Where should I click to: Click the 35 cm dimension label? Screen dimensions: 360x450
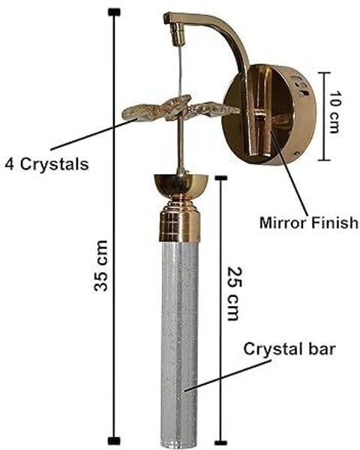click(101, 265)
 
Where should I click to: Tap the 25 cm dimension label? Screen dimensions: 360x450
click(234, 293)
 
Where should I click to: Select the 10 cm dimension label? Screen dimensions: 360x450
click(334, 112)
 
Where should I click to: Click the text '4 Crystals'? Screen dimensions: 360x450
click(46, 164)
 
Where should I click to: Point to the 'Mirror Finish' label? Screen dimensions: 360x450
click(309, 223)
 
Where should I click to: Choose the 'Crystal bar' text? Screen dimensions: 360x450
click(289, 350)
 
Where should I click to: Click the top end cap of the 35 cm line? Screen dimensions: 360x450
click(114, 12)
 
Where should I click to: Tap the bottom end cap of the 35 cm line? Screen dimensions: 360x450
click(114, 441)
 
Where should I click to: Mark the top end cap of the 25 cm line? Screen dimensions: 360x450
click(221, 178)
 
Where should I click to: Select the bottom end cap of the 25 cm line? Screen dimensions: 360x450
click(221, 442)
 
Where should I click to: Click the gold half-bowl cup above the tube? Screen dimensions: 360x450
click(181, 184)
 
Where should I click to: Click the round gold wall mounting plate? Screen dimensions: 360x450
click(270, 115)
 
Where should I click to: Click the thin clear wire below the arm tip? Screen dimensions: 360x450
click(180, 70)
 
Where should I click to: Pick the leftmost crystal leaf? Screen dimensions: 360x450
click(138, 112)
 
